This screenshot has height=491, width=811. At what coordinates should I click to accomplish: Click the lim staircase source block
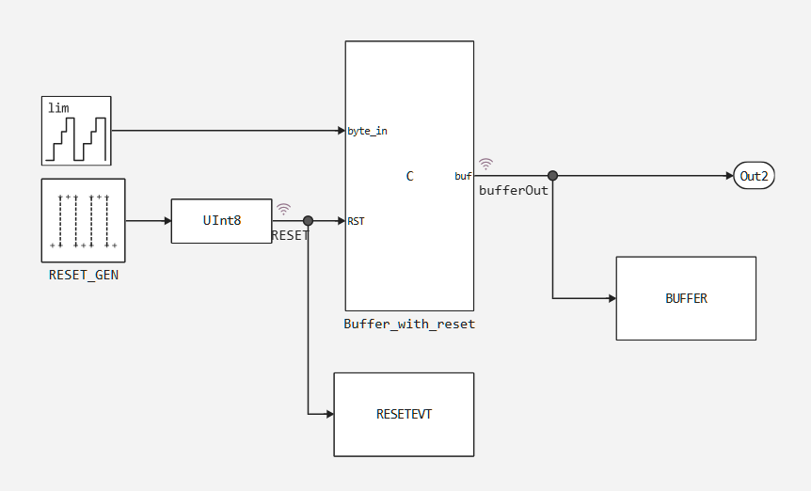76,131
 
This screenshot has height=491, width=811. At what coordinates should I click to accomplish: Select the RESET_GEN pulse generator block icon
83,220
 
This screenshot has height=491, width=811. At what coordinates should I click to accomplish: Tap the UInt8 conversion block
221,221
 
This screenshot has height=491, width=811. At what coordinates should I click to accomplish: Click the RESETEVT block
404,414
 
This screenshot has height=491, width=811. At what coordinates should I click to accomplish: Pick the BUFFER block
686,298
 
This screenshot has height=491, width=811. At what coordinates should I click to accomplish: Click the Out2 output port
754,176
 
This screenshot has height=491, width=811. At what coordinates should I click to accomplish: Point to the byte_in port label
367,131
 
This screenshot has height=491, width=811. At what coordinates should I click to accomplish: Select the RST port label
356,221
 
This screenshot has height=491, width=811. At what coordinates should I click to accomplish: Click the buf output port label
463,176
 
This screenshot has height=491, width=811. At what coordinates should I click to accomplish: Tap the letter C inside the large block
409,176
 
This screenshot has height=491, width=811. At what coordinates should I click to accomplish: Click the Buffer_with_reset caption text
409,325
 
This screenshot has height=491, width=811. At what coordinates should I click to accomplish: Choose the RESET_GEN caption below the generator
83,276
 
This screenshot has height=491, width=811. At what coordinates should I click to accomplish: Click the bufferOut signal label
514,190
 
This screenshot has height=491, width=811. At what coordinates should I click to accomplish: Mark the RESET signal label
290,235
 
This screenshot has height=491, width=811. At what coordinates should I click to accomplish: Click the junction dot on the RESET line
308,221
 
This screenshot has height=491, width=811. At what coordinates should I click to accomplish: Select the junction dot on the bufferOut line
553,176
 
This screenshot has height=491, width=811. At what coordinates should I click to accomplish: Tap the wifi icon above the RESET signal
283,209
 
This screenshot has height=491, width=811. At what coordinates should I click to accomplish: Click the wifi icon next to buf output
485,164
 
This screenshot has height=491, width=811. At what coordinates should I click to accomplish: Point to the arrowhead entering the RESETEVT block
328,414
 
